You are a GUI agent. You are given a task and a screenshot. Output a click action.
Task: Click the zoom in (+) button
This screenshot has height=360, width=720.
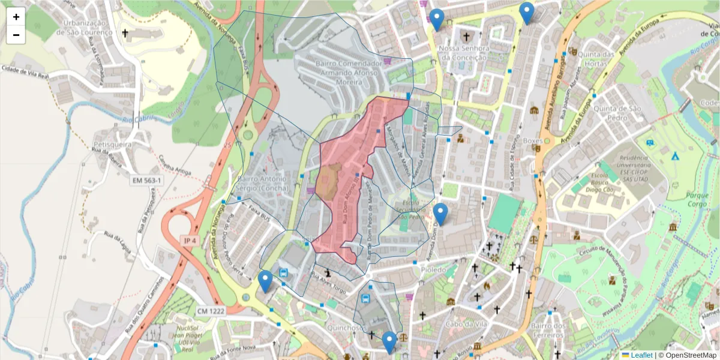tap(16, 17)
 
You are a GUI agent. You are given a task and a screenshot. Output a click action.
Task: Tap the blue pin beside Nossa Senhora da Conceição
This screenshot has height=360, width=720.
tap(437, 20)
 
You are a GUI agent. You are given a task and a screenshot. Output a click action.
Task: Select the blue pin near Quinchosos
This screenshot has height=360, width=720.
tap(389, 343)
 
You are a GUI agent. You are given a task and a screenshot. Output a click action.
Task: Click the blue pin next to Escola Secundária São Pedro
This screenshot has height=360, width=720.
tap(440, 214)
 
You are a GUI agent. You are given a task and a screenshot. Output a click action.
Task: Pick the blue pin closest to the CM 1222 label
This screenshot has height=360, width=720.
tap(265, 281)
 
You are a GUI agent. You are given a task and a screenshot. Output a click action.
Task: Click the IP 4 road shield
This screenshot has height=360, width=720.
tap(190, 240)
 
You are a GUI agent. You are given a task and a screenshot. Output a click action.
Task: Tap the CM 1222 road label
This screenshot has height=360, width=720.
tap(210, 311)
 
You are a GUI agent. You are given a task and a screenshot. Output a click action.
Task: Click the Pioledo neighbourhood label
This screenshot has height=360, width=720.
tap(433, 270)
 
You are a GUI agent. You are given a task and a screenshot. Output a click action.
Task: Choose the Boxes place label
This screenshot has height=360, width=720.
tap(532, 141)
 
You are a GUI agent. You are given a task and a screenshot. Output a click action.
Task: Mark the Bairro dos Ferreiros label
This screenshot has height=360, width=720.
tap(550, 331)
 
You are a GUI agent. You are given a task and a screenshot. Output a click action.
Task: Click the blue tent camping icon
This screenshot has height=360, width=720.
tap(675, 156)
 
